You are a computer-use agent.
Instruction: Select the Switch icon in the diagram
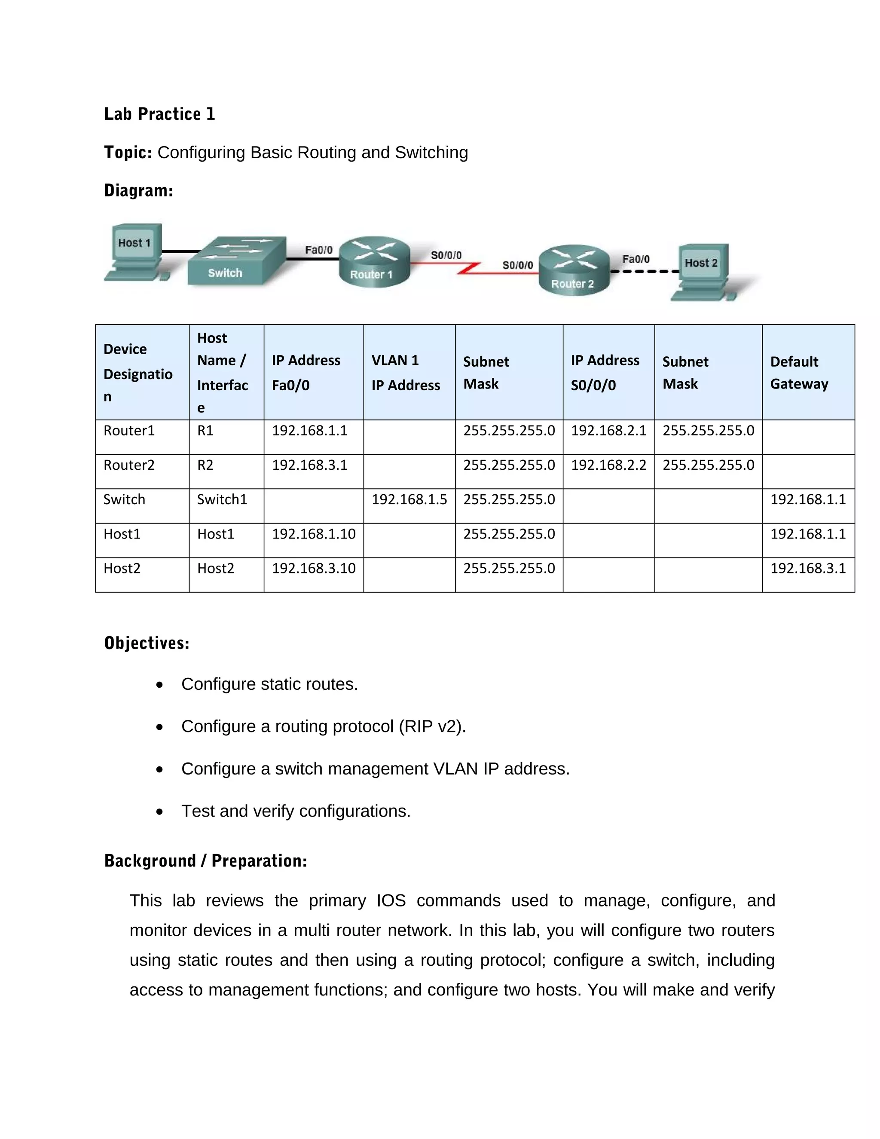tap(237, 261)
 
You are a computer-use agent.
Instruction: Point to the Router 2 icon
tap(574, 270)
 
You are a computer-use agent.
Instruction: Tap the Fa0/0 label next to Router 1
tap(318, 250)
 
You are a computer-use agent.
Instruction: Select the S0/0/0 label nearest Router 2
tap(517, 266)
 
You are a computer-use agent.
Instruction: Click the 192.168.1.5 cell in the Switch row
tap(409, 499)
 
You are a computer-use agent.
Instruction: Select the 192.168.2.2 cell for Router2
tap(608, 465)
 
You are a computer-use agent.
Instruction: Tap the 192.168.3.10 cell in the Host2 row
tap(314, 569)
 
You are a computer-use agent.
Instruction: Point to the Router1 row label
tap(129, 431)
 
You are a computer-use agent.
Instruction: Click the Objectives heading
tap(147, 643)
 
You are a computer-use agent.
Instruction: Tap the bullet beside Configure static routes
tap(159, 685)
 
